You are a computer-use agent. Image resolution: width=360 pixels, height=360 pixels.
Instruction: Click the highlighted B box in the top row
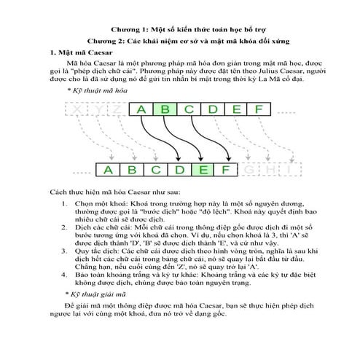[165, 109]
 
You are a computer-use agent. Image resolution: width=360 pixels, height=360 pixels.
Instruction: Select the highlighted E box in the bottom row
[203, 170]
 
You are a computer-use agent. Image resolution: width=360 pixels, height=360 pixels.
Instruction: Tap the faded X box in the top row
[76, 109]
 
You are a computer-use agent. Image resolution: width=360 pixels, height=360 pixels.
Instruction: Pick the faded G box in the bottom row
[249, 169]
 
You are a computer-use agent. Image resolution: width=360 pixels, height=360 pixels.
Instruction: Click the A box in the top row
[141, 109]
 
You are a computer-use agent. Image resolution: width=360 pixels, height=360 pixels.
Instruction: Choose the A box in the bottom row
[108, 170]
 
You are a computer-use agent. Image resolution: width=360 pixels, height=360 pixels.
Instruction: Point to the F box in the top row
[259, 109]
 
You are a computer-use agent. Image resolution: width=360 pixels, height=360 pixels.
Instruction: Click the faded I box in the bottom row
[290, 169]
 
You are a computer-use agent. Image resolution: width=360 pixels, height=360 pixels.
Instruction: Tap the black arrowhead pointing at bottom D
[179, 159]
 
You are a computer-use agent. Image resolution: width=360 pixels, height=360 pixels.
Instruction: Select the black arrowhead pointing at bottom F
[229, 159]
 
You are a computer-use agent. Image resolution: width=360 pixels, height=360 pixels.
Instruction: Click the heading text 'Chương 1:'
[130, 30]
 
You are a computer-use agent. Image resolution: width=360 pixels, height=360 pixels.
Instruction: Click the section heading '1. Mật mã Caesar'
[81, 52]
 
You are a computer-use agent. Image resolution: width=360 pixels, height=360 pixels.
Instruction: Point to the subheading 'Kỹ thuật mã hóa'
[100, 90]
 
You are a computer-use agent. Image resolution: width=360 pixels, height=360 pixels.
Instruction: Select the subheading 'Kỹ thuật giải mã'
[98, 294]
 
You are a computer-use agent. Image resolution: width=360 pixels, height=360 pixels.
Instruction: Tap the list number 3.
[63, 251]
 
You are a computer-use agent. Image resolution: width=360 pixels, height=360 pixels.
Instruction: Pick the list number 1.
[63, 203]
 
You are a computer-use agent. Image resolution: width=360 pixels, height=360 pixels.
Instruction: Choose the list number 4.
[63, 275]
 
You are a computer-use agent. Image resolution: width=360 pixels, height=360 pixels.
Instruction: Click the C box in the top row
[189, 109]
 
